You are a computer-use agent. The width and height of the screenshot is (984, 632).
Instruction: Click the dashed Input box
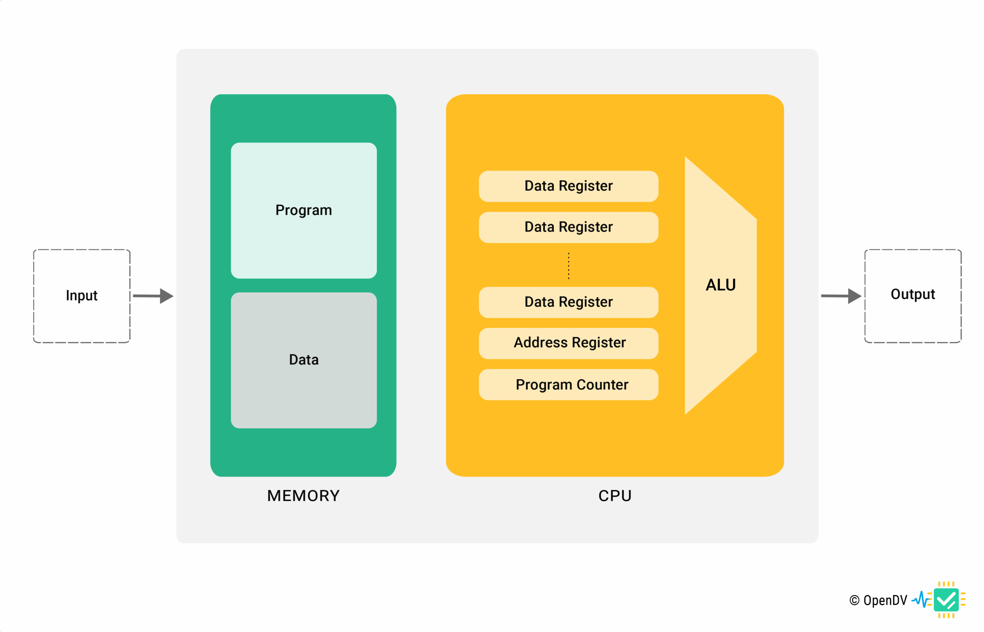(81, 296)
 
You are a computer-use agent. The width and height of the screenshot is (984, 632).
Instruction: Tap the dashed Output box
(912, 296)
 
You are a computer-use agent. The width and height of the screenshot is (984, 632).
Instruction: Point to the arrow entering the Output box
(841, 296)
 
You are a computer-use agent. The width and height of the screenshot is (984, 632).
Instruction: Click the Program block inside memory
(304, 211)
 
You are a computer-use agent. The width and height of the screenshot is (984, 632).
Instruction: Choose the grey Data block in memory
(304, 360)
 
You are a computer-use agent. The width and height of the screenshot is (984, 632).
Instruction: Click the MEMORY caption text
(303, 496)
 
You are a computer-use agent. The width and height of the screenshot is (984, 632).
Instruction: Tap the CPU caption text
(615, 496)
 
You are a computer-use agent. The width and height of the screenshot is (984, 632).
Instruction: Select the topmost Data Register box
(568, 186)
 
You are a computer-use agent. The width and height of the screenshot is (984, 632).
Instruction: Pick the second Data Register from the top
(568, 227)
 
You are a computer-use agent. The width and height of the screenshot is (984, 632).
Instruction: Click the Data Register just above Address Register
(568, 303)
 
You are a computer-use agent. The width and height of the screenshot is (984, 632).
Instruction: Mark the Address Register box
(568, 343)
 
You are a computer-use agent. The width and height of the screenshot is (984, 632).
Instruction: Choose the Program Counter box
(568, 384)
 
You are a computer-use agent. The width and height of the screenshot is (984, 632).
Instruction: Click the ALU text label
(721, 285)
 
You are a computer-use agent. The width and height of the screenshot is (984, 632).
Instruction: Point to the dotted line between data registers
(568, 266)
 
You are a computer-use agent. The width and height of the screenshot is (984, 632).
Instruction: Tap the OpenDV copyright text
(878, 600)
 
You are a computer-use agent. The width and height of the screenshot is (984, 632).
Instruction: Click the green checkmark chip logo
(946, 600)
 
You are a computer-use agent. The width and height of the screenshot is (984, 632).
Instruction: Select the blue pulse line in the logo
(921, 600)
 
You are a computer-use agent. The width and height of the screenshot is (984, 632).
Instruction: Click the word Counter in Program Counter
(602, 385)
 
